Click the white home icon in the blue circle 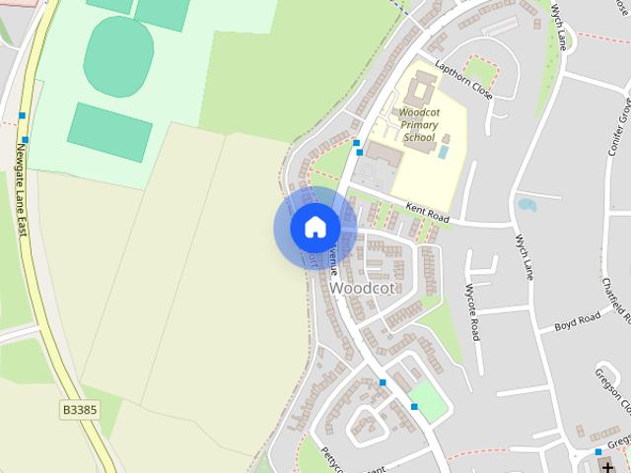(315, 227)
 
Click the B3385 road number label (79, 409)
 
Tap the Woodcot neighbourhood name (363, 288)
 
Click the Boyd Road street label (577, 321)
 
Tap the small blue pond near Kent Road (526, 205)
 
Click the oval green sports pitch (118, 56)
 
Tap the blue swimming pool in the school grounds (443, 152)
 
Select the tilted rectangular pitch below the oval (110, 129)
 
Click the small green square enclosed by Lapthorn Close (480, 70)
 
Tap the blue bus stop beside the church (597, 452)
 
